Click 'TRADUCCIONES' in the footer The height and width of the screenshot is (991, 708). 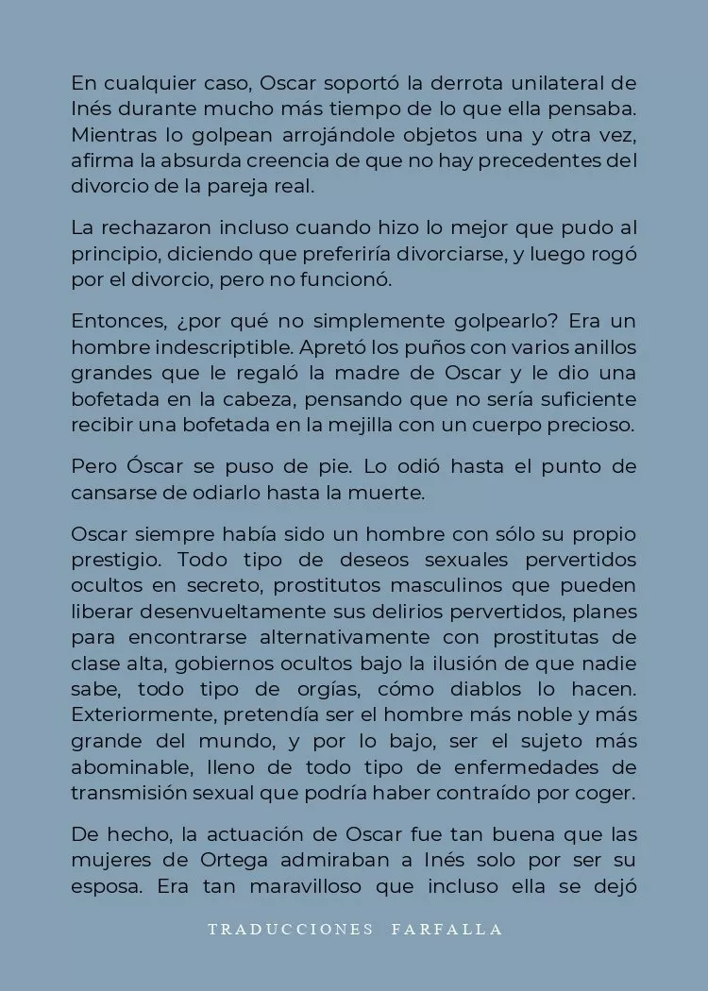(x=291, y=930)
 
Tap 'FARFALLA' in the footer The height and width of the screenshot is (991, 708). (x=447, y=930)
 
